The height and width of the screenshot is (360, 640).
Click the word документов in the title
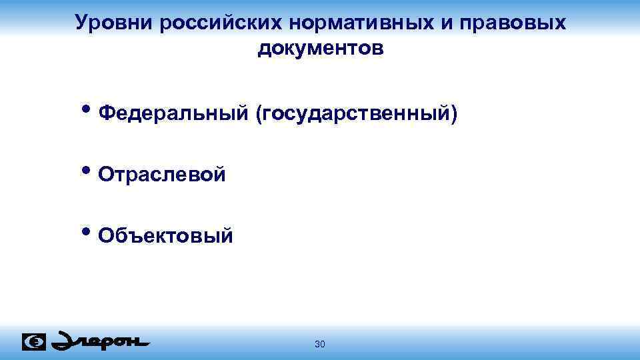click(320, 49)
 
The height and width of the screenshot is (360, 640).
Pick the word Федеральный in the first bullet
click(173, 115)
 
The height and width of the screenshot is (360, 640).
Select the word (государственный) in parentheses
click(355, 115)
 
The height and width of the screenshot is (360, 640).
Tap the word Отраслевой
click(161, 175)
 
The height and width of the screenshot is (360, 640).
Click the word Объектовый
click(165, 235)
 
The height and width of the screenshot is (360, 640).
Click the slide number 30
click(319, 344)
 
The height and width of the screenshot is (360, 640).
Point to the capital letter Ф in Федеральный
click(105, 115)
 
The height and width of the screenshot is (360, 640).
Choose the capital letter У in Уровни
click(82, 23)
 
